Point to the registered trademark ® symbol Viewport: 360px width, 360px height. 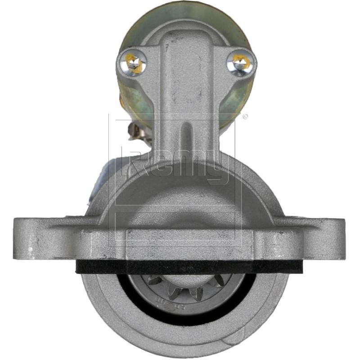[245, 117]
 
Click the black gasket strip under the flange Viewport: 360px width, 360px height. [189, 266]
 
